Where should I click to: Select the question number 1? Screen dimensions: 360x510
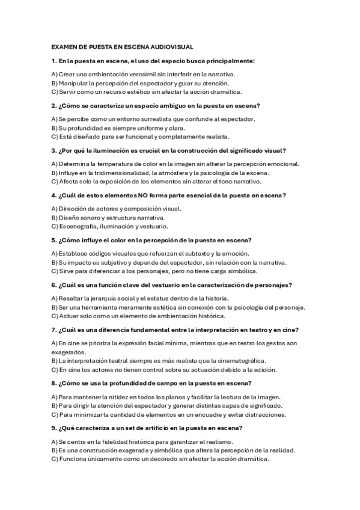(x=53, y=61)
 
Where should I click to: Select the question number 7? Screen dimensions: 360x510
(x=53, y=329)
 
